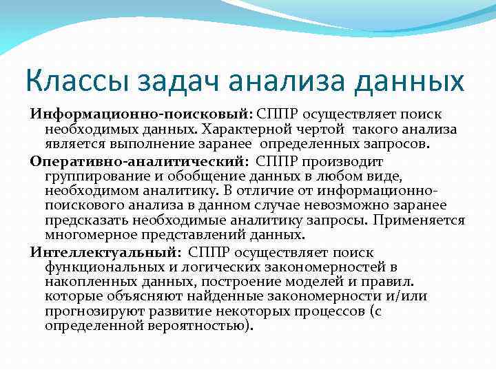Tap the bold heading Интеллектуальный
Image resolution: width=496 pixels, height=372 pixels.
click(x=103, y=251)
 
